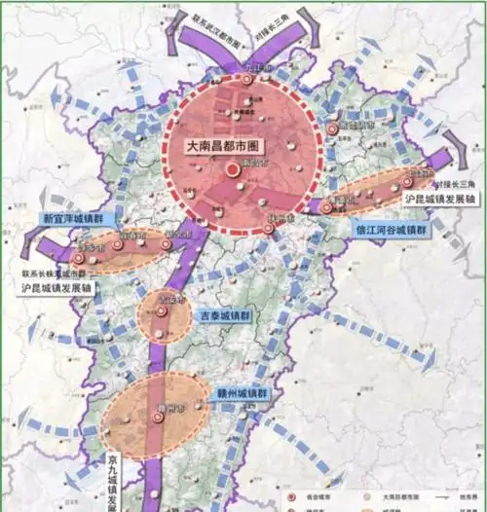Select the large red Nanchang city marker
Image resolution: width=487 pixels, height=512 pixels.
pyautogui.click(x=234, y=171)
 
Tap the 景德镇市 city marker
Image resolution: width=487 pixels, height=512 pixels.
pyautogui.click(x=333, y=128)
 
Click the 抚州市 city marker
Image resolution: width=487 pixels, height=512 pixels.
pyautogui.click(x=268, y=230)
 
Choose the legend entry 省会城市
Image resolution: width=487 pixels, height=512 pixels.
pyautogui.click(x=311, y=494)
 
